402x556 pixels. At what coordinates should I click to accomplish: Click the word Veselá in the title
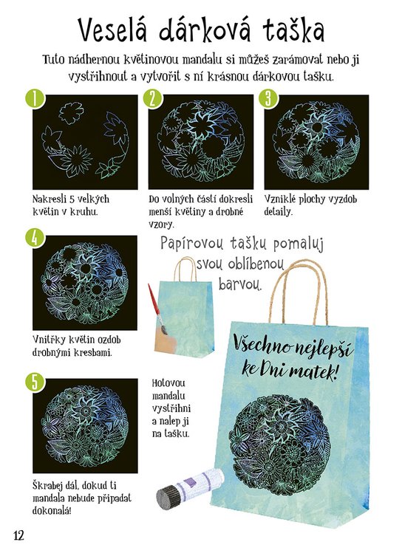(x=112, y=30)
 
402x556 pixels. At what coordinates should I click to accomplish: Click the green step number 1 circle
(x=35, y=98)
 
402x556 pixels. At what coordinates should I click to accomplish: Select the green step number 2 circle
(x=152, y=98)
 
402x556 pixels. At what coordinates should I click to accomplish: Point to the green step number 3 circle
(x=268, y=98)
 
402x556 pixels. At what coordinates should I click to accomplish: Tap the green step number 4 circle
(x=35, y=238)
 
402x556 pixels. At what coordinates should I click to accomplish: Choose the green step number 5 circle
(x=35, y=382)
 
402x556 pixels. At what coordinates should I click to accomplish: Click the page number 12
(x=18, y=535)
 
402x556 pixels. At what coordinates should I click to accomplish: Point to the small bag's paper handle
(x=185, y=270)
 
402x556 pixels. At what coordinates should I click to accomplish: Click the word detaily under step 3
(x=278, y=213)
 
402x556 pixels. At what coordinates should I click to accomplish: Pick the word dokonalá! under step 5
(x=52, y=511)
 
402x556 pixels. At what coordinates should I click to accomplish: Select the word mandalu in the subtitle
(x=202, y=60)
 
